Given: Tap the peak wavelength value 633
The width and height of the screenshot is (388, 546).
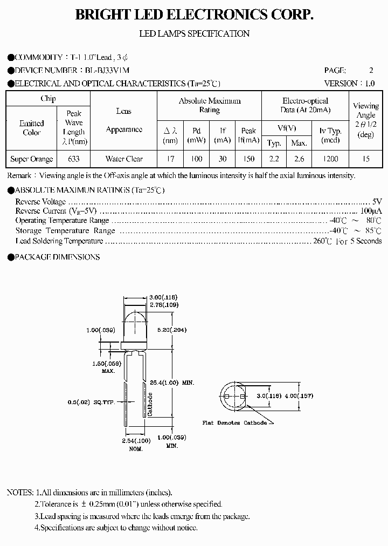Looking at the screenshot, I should click(x=74, y=159).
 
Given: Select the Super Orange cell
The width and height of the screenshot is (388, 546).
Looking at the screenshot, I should click(x=32, y=159).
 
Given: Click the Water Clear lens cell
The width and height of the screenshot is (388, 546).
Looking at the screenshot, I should click(x=124, y=159).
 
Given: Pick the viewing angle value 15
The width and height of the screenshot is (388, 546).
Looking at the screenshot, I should click(x=365, y=159).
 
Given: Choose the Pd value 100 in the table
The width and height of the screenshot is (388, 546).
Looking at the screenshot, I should click(x=196, y=159).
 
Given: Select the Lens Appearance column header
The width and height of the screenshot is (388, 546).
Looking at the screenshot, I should click(x=124, y=120).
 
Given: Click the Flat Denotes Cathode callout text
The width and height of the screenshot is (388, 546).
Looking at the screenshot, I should click(x=234, y=423).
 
